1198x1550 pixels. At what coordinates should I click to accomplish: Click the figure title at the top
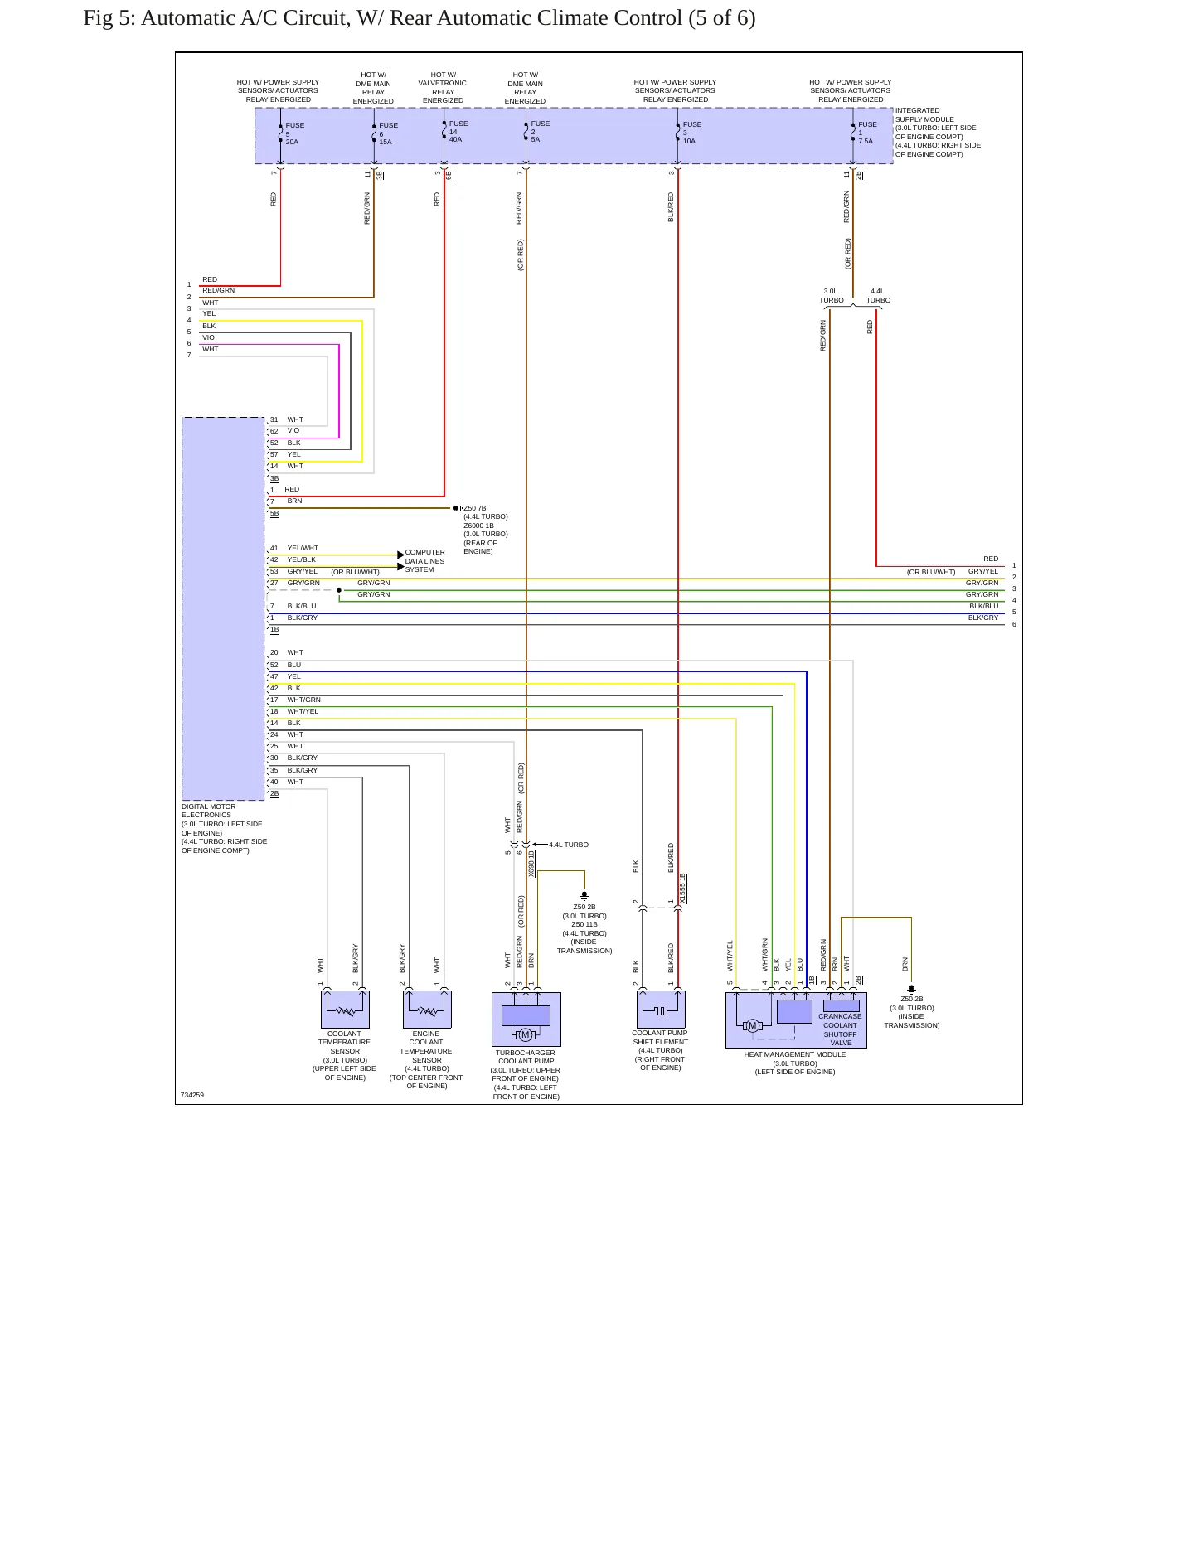pyautogui.click(x=419, y=18)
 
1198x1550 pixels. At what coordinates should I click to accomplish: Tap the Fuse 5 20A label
pyautogui.click(x=294, y=133)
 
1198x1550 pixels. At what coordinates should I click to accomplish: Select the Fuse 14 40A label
pyautogui.click(x=458, y=131)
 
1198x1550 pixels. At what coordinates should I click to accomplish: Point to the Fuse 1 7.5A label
pyautogui.click(x=867, y=133)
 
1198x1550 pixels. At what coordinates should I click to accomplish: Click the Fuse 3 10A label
pyautogui.click(x=692, y=133)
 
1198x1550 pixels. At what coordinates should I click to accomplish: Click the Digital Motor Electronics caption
pyautogui.click(x=224, y=828)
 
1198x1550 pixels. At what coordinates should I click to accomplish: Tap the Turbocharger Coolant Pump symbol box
pyautogui.click(x=526, y=1019)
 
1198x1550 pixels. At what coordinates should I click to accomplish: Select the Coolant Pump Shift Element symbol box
pyautogui.click(x=661, y=1009)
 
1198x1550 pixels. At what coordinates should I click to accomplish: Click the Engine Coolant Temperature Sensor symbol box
pyautogui.click(x=427, y=1009)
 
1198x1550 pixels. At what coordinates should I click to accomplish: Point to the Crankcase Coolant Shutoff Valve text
pyautogui.click(x=840, y=1029)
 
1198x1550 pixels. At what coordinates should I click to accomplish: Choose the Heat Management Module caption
pyautogui.click(x=795, y=1063)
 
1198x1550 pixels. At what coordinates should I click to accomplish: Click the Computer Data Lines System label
pyautogui.click(x=424, y=561)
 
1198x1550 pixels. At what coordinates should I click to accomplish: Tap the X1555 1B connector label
pyautogui.click(x=682, y=889)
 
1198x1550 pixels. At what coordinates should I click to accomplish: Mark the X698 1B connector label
pyautogui.click(x=531, y=864)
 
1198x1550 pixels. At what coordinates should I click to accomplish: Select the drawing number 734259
pyautogui.click(x=192, y=1095)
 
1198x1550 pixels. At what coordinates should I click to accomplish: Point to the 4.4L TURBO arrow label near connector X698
pyautogui.click(x=569, y=845)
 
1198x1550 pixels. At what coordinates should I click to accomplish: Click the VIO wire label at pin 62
pyautogui.click(x=293, y=430)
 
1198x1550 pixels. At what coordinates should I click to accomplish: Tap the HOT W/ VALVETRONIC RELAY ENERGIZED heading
pyautogui.click(x=443, y=88)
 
